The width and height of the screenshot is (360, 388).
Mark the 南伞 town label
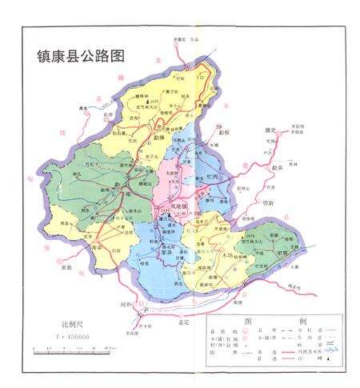click(x=98, y=249)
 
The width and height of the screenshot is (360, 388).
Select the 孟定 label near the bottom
click(x=186, y=320)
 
